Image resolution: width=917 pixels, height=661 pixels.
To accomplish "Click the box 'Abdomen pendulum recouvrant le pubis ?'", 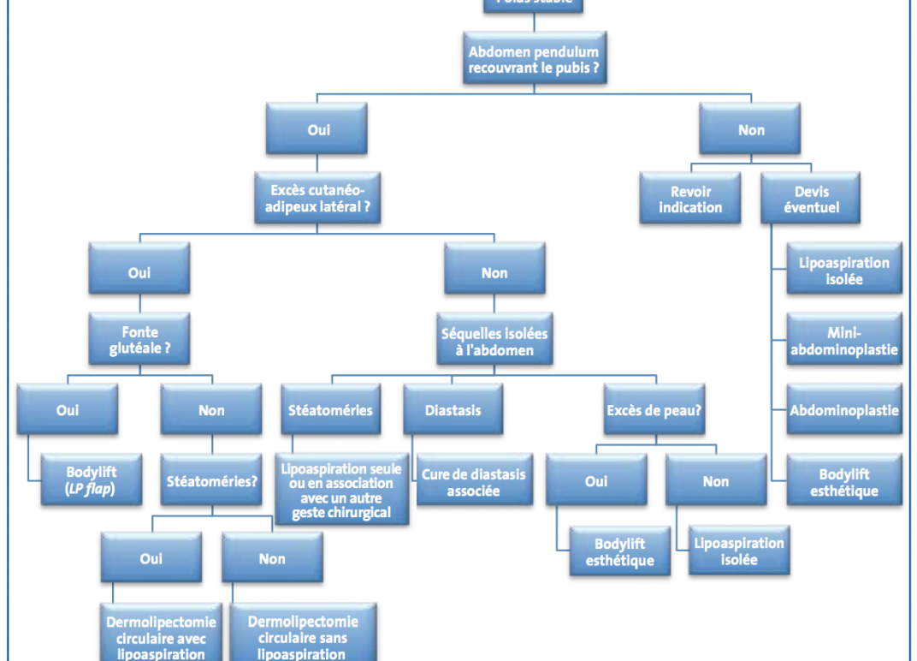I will click(534, 59).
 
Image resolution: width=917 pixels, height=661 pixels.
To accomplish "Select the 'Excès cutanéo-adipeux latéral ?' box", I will click(318, 199).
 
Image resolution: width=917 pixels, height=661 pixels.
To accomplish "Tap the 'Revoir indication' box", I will click(689, 199).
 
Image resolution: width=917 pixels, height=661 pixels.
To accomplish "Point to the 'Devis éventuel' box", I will click(811, 199).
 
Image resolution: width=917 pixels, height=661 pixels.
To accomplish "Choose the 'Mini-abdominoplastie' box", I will click(843, 340).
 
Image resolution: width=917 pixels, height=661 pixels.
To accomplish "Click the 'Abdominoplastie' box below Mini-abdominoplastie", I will click(843, 410).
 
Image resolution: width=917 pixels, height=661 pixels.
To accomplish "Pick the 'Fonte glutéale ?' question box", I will click(139, 341).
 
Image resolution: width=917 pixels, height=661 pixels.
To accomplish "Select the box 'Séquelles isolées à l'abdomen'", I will click(494, 341).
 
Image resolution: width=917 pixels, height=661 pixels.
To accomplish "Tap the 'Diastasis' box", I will click(453, 410).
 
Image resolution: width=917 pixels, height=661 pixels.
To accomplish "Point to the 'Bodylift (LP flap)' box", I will click(92, 480).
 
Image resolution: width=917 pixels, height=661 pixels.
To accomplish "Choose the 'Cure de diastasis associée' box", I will click(473, 483).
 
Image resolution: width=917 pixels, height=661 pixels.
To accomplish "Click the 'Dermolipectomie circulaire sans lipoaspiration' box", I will click(303, 636).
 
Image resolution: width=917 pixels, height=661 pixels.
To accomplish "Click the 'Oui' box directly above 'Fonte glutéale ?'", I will click(139, 273).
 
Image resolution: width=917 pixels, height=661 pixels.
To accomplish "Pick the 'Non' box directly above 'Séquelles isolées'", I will click(494, 273).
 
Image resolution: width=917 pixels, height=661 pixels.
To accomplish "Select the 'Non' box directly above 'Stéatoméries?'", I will click(211, 410).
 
